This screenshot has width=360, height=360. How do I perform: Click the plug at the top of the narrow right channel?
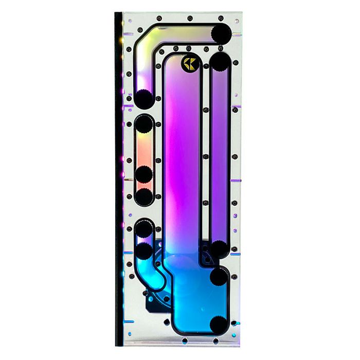pyautogui.click(x=220, y=63)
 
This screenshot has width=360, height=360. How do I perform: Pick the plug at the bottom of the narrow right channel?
pyautogui.click(x=220, y=249)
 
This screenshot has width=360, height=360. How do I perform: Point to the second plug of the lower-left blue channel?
pyautogui.click(x=145, y=251)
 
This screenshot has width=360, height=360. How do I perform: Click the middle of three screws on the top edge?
pyautogui.click(x=190, y=18)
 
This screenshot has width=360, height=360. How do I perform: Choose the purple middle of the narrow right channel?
pyautogui.click(x=220, y=154)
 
